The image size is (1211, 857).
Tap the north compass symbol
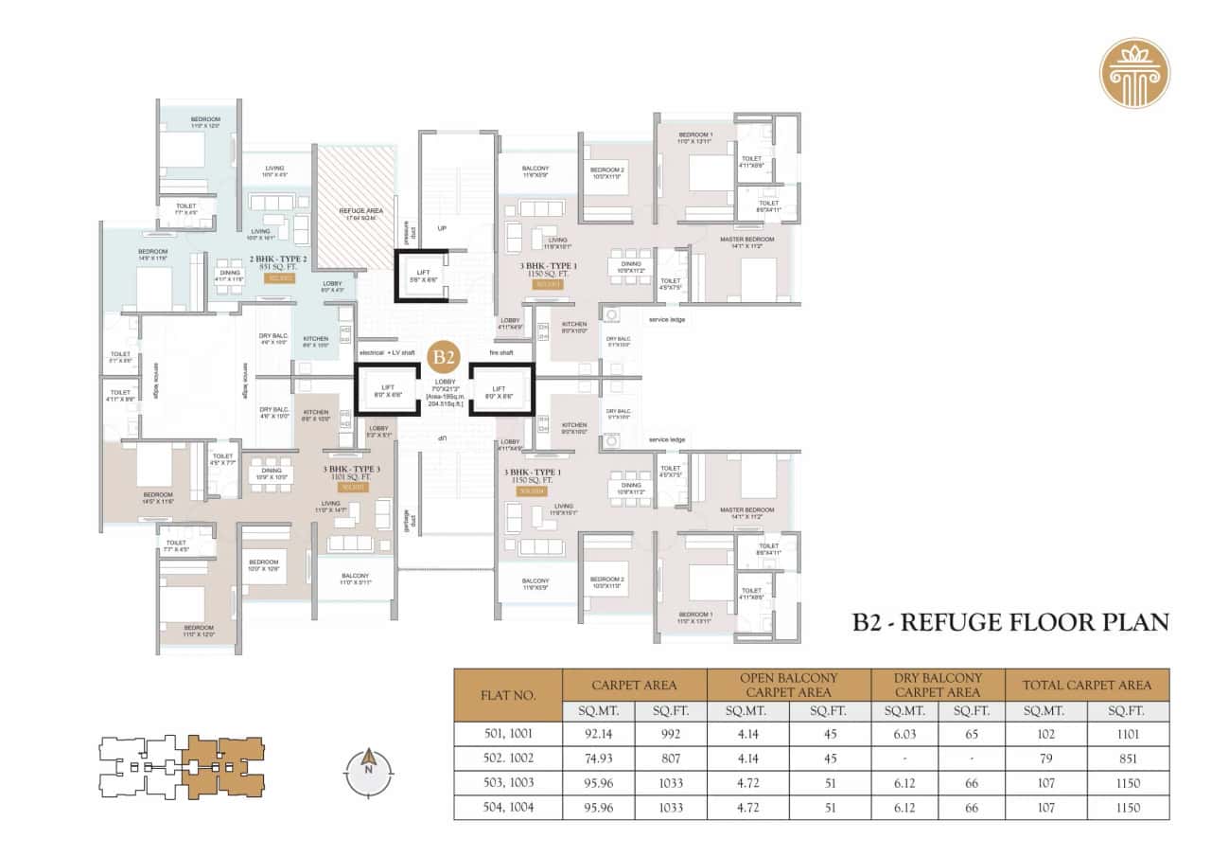pos(365,762)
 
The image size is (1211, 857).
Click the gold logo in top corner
pos(1134,73)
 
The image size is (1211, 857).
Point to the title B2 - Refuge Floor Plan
pos(1010,622)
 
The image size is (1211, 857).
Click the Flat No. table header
pos(508,695)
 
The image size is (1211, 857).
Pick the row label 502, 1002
pos(508,759)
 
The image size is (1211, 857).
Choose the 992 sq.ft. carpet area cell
pos(671,733)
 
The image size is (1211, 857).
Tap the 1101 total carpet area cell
pos(1126,733)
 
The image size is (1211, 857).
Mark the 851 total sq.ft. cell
pos(1126,759)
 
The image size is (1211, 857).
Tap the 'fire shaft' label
pos(501,352)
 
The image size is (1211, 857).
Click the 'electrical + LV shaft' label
pos(388,352)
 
